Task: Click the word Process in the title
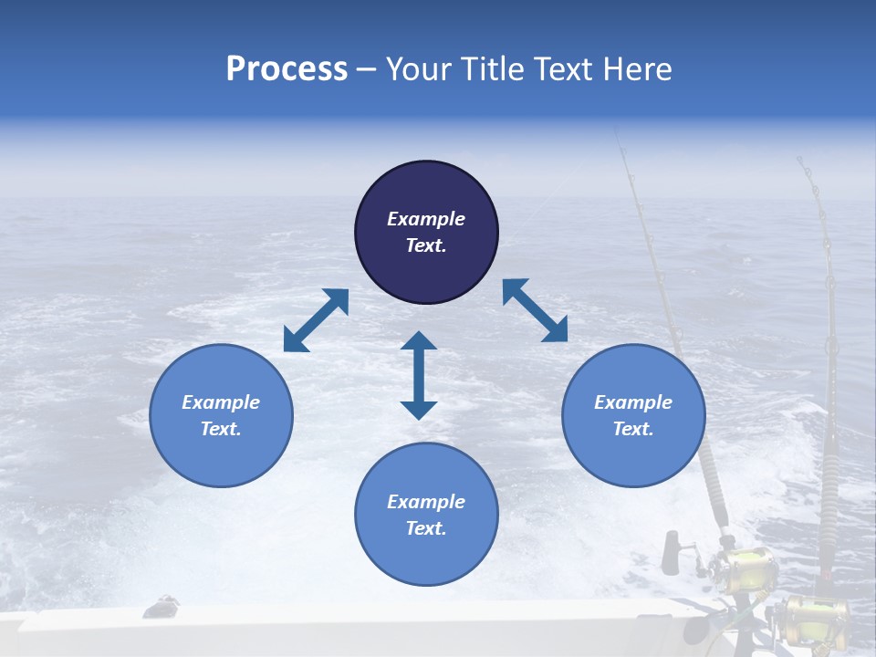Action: pos(287,69)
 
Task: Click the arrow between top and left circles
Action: pos(316,320)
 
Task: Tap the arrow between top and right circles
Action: pos(535,310)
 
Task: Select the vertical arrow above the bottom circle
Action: pos(419,375)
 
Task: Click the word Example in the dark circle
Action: pos(426,219)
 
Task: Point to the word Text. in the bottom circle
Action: pos(426,528)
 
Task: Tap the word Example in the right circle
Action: pos(633,402)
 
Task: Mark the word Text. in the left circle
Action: pos(221,429)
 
